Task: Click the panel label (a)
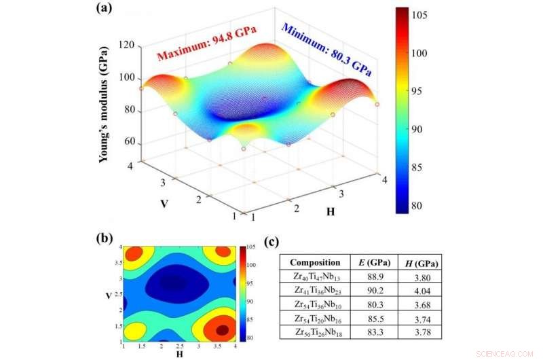point(108,10)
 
